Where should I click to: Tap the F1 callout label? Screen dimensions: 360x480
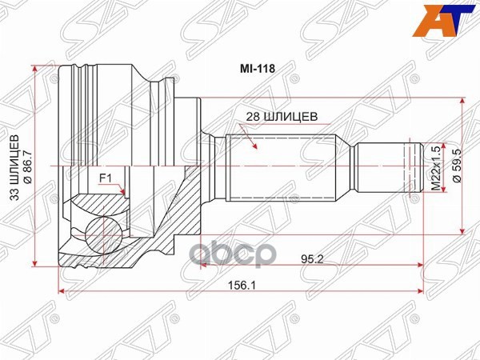tap(105, 178)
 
